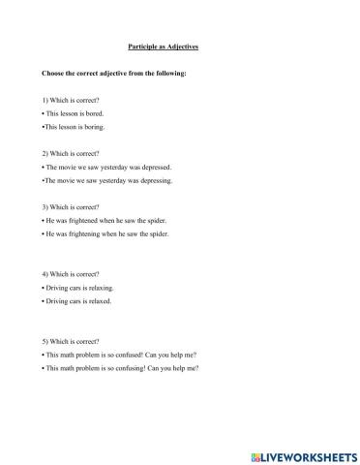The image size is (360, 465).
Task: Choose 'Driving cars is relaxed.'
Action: coord(78,301)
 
